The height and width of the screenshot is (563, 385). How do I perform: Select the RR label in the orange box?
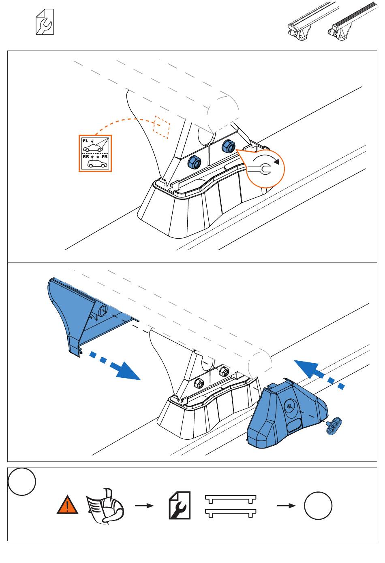[86, 156]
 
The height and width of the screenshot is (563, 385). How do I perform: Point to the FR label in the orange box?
[105, 156]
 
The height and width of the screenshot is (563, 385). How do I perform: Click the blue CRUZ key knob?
[335, 426]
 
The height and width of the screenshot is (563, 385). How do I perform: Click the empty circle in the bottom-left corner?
[22, 481]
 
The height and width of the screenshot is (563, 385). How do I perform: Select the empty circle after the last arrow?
[318, 506]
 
